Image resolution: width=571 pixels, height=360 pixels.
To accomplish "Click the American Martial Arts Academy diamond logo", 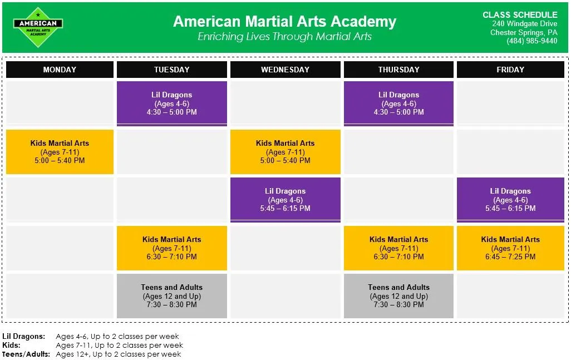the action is pyautogui.click(x=38, y=27).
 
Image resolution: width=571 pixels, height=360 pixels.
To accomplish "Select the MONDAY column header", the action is pyautogui.click(x=60, y=70).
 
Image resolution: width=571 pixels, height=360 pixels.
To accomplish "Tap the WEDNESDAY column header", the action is pyautogui.click(x=285, y=70).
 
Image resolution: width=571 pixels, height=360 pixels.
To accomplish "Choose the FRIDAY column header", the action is pyautogui.click(x=510, y=70).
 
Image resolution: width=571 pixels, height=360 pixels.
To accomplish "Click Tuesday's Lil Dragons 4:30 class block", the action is pyautogui.click(x=172, y=103).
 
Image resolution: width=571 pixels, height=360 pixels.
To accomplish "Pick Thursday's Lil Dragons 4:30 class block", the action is pyautogui.click(x=398, y=103).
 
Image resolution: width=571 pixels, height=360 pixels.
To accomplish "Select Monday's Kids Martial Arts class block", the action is pyautogui.click(x=60, y=152).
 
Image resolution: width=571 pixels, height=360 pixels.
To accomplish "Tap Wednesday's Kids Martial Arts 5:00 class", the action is pyautogui.click(x=285, y=152).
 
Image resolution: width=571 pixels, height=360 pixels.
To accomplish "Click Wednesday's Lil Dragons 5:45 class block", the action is pyautogui.click(x=285, y=200).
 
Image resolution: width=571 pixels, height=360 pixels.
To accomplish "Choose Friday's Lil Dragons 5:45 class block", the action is pyautogui.click(x=510, y=200).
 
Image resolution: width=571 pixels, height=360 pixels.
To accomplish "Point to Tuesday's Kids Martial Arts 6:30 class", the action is pyautogui.click(x=172, y=248).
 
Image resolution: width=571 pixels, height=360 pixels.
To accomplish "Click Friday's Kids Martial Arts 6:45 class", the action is pyautogui.click(x=510, y=248).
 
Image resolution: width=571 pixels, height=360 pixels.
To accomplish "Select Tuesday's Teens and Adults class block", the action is pyautogui.click(x=172, y=296).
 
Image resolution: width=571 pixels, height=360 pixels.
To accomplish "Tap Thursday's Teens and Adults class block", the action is pyautogui.click(x=398, y=296).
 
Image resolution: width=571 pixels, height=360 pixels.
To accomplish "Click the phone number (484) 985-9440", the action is pyautogui.click(x=531, y=41).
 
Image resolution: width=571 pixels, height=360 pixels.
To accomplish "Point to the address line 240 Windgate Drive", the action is pyautogui.click(x=525, y=24).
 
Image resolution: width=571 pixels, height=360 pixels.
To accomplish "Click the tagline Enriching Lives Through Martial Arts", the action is pyautogui.click(x=285, y=36).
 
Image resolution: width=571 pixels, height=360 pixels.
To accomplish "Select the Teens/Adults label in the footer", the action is pyautogui.click(x=26, y=354).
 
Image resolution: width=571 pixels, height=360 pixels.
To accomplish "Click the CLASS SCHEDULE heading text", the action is pyautogui.click(x=520, y=15).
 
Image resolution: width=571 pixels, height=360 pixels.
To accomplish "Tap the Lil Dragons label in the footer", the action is pyautogui.click(x=24, y=336).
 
